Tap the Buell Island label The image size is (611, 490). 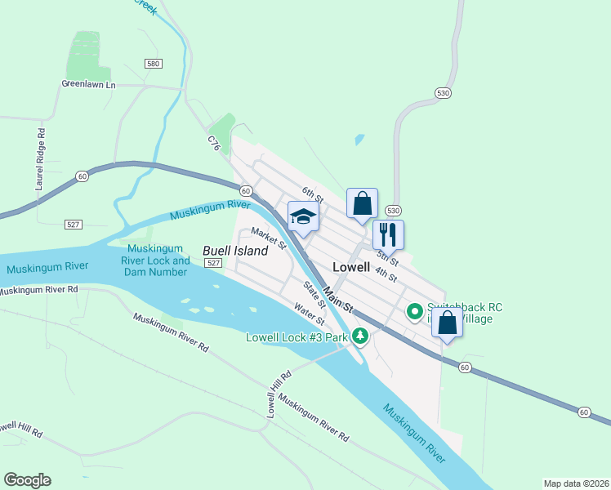pos(234,251)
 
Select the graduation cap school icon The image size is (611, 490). pos(303,217)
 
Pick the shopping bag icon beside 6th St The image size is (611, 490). pos(362,203)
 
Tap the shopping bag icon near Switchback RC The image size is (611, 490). pos(447,322)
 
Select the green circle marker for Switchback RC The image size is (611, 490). pos(414,310)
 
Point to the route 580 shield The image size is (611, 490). pos(153,64)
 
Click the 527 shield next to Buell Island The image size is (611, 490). pos(213,263)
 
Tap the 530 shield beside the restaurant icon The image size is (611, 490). pos(393,210)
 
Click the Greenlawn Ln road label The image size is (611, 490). pos(89,83)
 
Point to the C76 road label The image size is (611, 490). pos(214,144)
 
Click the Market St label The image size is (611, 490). pos(268,238)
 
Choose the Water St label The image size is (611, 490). pos(310,314)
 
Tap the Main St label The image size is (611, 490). pos(337,298)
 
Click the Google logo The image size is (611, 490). pos(27,480)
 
